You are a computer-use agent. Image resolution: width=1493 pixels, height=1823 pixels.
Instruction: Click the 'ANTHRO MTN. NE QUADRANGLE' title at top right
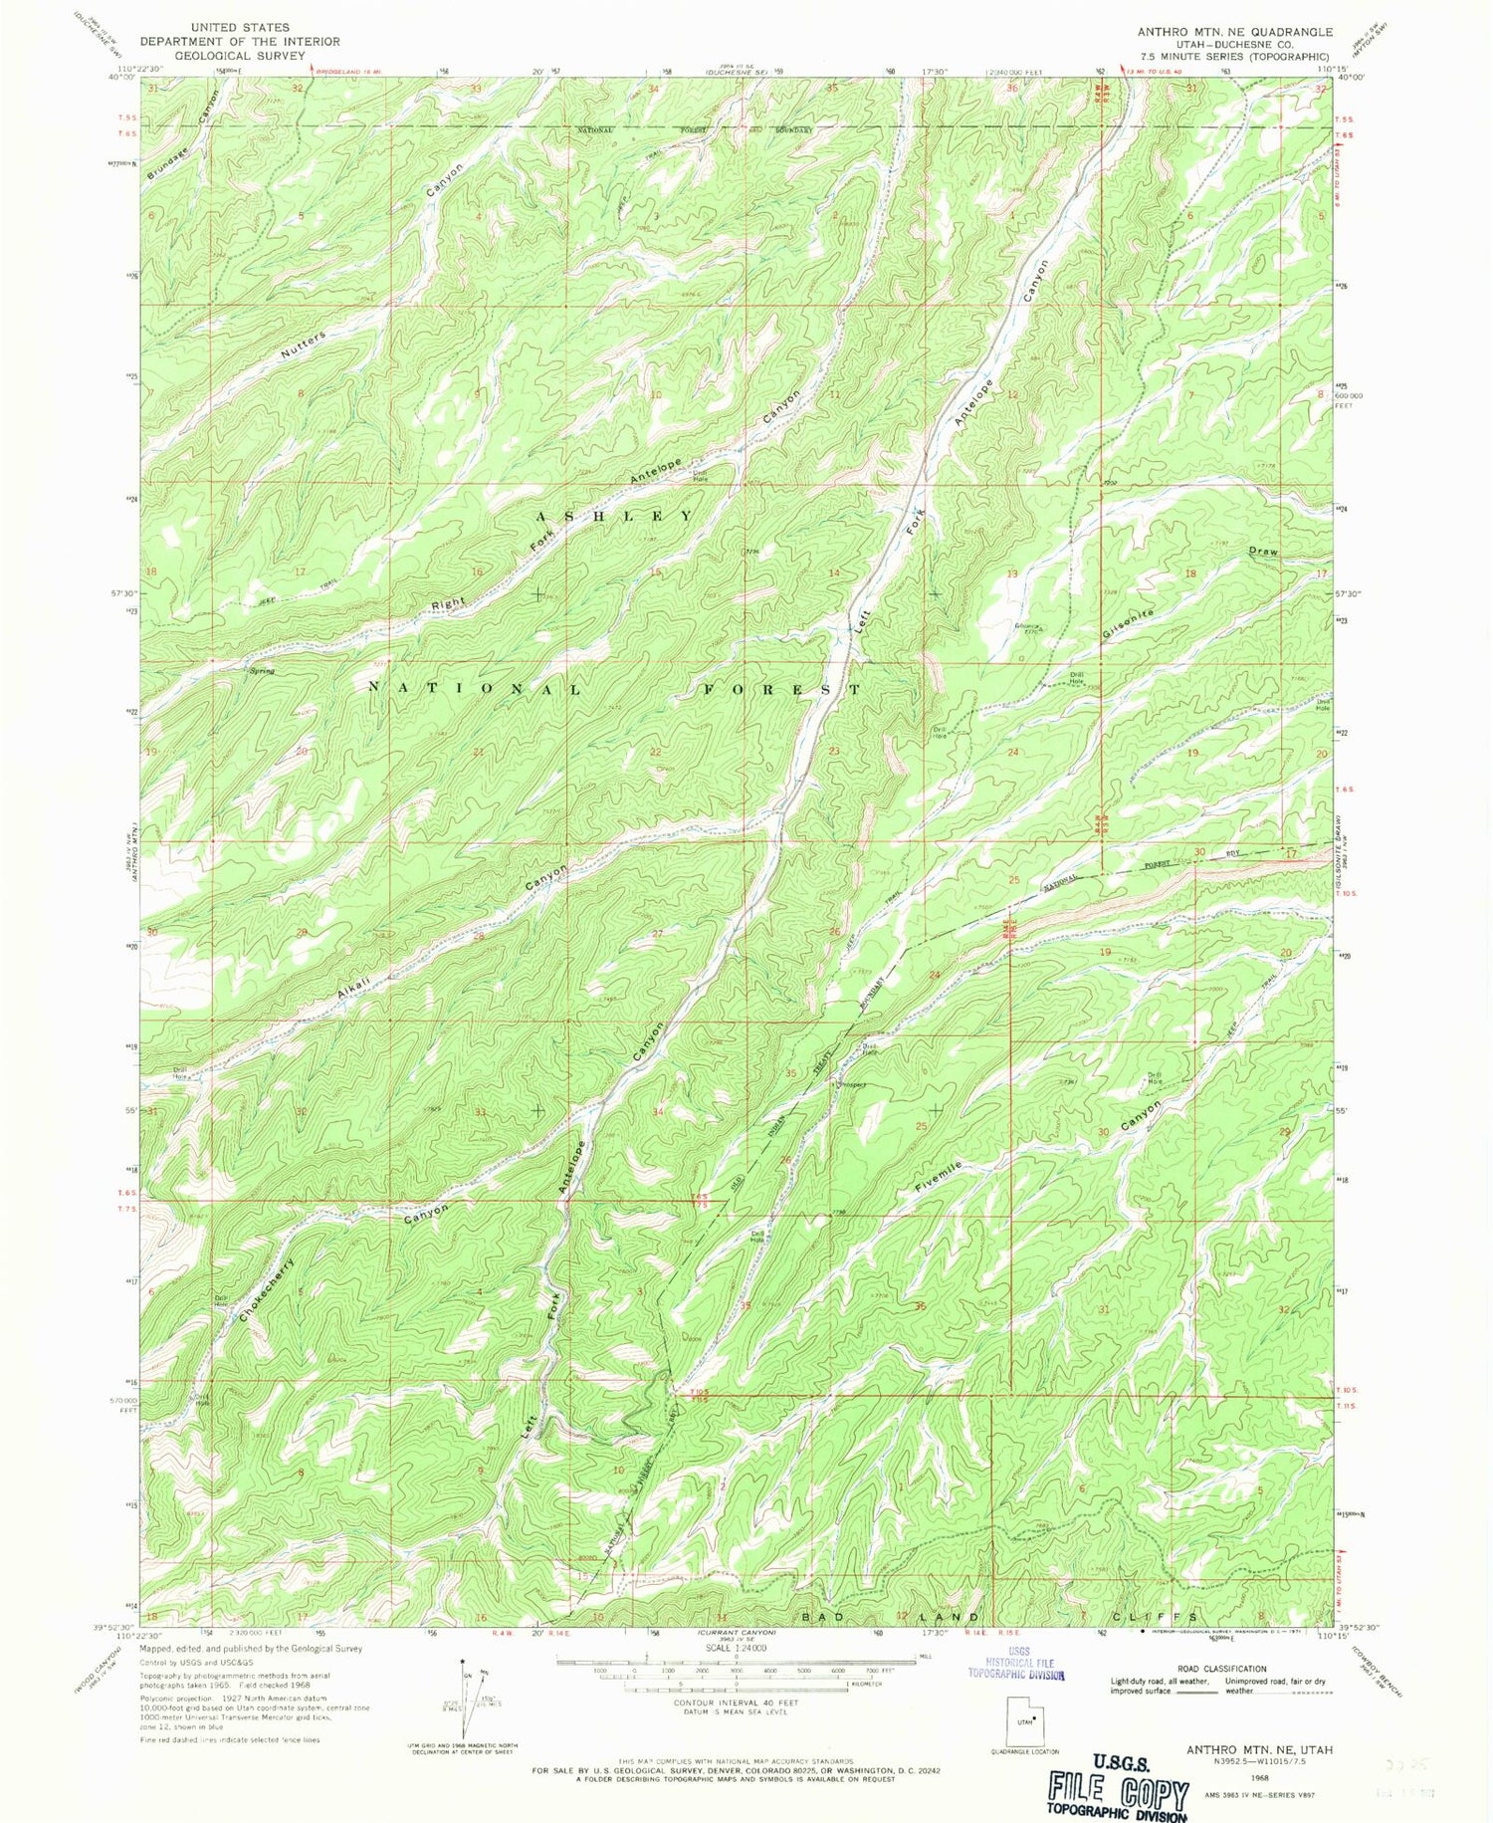point(1234,31)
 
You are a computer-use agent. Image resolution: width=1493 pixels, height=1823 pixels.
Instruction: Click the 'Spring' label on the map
point(262,671)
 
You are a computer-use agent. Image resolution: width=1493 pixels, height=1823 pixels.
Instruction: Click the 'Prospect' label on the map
point(851,1084)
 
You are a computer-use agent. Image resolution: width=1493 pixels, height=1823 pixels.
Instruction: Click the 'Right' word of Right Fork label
point(448,604)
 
